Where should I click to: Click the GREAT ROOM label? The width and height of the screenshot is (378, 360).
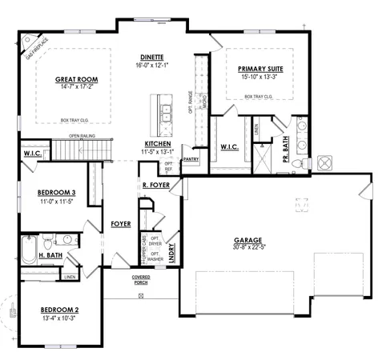coord(76,80)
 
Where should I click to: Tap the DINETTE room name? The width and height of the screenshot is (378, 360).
coord(152,58)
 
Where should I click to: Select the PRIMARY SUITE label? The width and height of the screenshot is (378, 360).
coord(260,70)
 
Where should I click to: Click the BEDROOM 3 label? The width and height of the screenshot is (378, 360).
coord(57,193)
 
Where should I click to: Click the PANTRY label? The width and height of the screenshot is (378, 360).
coord(191,159)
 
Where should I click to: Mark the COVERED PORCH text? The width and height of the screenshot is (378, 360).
coord(141,280)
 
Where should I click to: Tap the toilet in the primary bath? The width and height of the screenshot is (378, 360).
coord(297,163)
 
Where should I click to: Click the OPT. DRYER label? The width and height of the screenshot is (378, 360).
coord(155,242)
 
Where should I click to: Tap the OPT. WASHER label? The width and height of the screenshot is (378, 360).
coord(155,256)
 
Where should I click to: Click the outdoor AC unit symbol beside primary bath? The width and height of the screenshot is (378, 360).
coord(326,163)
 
